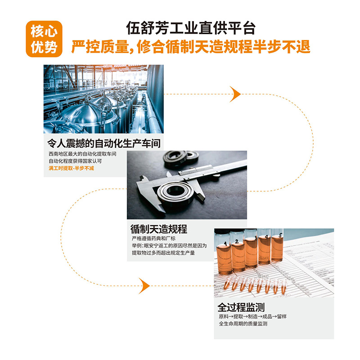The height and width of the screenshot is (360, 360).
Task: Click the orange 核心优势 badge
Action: pos(44,39)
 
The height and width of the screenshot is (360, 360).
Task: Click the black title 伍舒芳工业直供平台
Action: pos(191,28)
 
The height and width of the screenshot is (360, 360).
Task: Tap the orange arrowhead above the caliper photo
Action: pos(235,94)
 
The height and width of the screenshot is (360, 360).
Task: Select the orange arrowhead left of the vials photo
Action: pos(144,286)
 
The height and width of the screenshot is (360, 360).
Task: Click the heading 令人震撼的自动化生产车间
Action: pos(104,144)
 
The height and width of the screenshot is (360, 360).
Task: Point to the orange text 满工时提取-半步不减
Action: pos(71,168)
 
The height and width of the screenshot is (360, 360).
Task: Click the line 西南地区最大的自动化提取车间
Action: pos(82,154)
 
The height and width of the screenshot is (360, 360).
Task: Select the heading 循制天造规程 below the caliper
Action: pos(159,229)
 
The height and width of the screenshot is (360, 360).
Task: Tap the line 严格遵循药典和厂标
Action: pos(153,238)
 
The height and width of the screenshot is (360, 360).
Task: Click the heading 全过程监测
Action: pos(241,307)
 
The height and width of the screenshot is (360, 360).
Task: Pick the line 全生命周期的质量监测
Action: pos(243,324)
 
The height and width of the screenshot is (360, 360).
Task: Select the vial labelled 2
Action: pos(238,251)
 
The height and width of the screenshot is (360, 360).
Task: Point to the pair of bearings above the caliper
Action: pos(181,157)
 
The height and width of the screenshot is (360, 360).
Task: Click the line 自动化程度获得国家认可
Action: pos(75,161)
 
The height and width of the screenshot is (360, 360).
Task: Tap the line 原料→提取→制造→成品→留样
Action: pos(252,317)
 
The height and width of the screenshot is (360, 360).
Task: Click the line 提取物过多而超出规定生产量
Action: pos(163,253)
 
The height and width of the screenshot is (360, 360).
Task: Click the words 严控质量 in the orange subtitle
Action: pos(100,47)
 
